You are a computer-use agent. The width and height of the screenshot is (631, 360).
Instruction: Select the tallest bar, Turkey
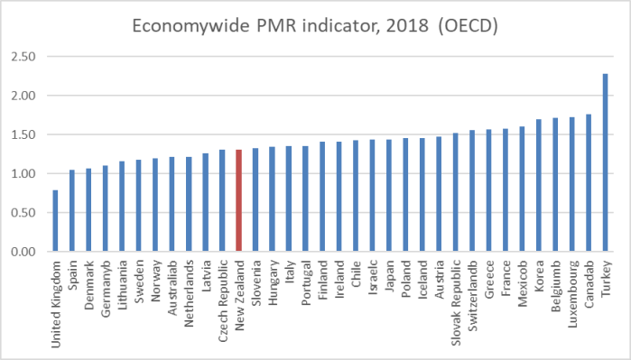(605, 162)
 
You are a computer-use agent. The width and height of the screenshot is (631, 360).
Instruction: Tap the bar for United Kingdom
(55, 220)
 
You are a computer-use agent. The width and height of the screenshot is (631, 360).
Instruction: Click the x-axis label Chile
(356, 270)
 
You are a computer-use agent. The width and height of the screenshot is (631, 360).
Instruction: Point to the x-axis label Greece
(488, 274)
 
